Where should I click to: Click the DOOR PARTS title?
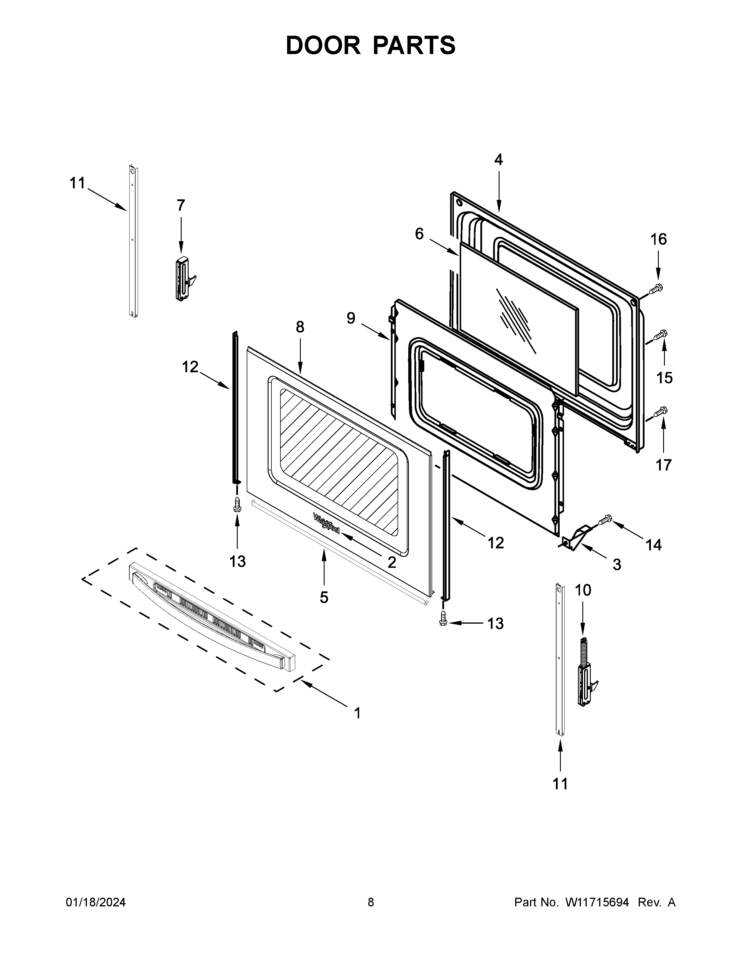click(x=370, y=46)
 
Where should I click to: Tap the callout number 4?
click(x=498, y=160)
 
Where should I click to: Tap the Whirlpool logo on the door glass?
click(x=326, y=523)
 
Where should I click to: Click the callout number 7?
click(x=181, y=205)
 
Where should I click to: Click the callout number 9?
click(x=351, y=318)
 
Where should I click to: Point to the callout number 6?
click(x=419, y=235)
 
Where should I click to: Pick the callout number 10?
click(x=583, y=591)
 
